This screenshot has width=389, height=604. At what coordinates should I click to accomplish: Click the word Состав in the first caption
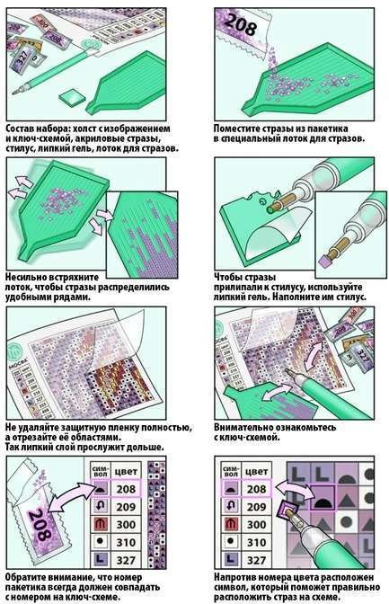pos(19,129)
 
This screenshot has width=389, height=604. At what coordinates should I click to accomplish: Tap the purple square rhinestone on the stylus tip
pos(324,262)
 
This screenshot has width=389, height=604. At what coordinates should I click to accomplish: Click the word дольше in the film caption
pos(148,448)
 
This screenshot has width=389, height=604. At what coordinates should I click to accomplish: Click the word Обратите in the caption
pos(24,578)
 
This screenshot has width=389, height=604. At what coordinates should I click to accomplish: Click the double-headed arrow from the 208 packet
pos(73,497)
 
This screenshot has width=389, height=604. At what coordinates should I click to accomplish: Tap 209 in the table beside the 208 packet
pos(126,507)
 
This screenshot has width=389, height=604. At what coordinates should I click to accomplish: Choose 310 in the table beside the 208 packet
pos(126,542)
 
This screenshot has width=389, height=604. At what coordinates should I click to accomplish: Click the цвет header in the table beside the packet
pos(127,472)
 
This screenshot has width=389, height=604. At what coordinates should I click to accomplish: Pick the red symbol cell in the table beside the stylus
pos(230,524)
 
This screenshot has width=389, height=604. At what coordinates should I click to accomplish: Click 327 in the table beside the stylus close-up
pos(257,560)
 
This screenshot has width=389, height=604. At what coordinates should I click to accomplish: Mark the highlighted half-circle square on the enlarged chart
pos(323,497)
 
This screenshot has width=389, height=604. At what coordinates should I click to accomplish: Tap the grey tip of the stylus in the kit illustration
pos(16,92)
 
